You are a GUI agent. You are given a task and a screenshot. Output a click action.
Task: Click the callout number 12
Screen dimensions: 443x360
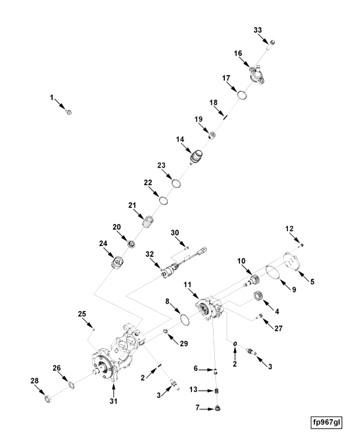click(x=289, y=229)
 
